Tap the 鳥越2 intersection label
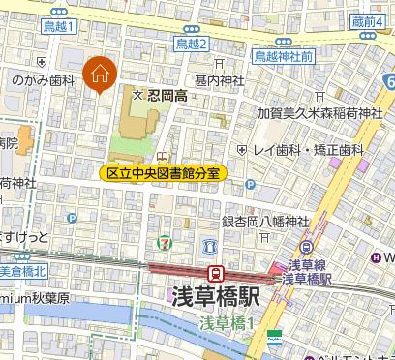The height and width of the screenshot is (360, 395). coord(192,44)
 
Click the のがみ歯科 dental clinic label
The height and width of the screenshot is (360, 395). coord(38,83)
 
